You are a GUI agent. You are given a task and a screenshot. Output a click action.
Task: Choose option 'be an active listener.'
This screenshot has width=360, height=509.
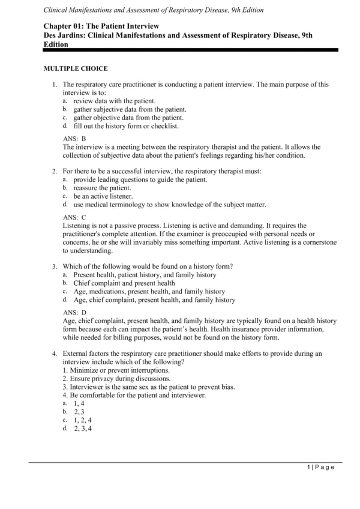click(103, 196)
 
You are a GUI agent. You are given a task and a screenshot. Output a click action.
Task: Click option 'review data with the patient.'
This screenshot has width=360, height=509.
click(115, 101)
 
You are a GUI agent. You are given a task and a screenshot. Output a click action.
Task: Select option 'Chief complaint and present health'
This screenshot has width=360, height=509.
click(124, 283)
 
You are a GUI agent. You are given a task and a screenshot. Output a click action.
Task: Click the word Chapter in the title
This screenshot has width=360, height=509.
click(59, 26)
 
